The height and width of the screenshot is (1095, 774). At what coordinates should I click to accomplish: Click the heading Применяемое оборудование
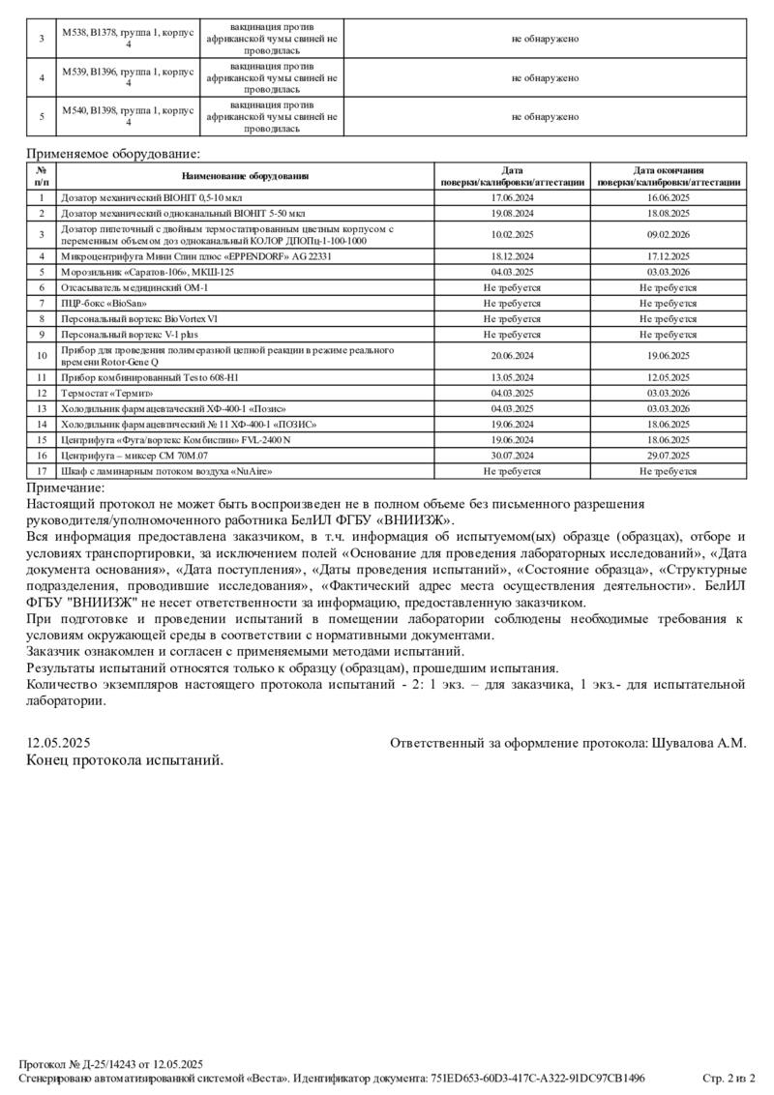pyautogui.click(x=113, y=153)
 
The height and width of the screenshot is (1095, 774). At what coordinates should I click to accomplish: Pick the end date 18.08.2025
pyautogui.click(x=668, y=212)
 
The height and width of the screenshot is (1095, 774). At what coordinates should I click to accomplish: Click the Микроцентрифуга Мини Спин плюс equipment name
pyautogui.click(x=196, y=256)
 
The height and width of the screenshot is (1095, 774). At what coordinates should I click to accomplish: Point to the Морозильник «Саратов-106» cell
pyautogui.click(x=147, y=272)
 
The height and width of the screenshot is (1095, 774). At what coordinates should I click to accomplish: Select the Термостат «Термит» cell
pyautogui.click(x=107, y=393)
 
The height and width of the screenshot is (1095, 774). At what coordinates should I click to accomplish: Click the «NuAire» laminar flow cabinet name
pyautogui.click(x=166, y=471)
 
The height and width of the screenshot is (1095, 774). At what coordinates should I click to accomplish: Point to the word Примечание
pyautogui.click(x=65, y=488)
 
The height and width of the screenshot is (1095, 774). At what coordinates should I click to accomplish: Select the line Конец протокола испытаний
pyautogui.click(x=125, y=759)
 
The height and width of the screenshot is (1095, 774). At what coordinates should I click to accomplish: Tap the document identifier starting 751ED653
pyautogui.click(x=551, y=1078)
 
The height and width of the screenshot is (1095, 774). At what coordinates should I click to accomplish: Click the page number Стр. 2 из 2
pyautogui.click(x=728, y=1078)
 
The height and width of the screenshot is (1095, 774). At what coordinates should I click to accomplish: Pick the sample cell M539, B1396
pyautogui.click(x=128, y=77)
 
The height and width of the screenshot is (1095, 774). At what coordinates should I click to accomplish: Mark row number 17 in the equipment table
pyautogui.click(x=42, y=471)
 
